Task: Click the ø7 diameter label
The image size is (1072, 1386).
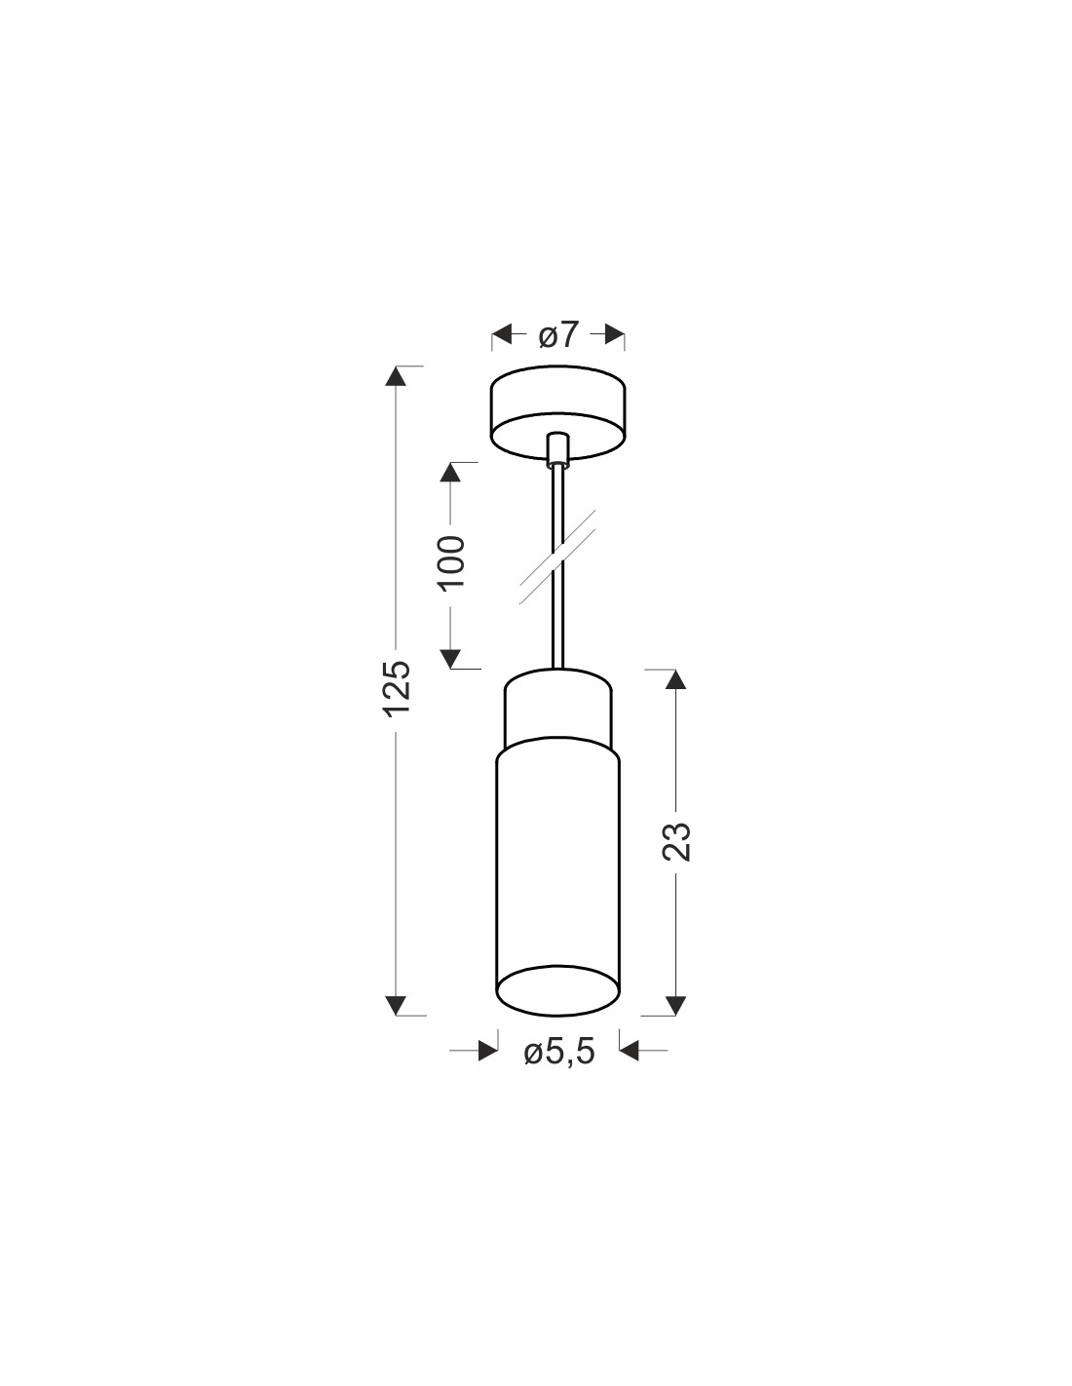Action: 557,335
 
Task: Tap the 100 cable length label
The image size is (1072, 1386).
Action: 451,563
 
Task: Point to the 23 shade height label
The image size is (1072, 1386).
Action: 676,841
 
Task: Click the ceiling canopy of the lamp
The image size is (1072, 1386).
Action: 558,412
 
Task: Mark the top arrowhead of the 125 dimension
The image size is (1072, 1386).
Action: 397,376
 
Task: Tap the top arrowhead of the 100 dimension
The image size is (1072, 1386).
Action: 451,472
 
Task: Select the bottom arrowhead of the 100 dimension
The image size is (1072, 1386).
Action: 451,658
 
